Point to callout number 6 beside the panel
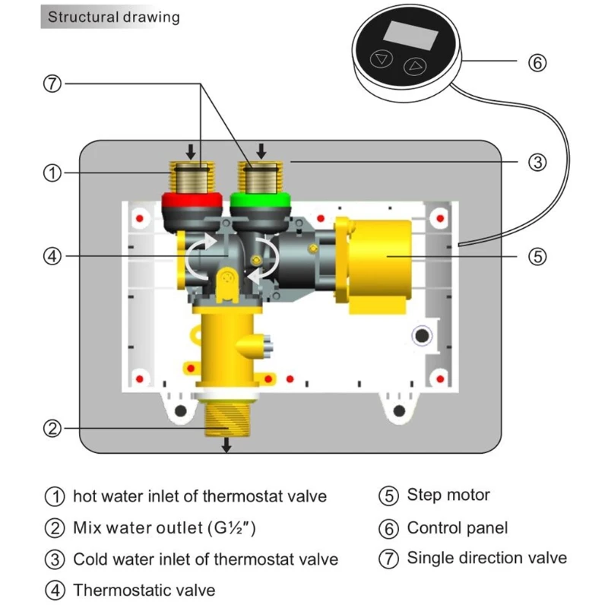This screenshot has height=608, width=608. [537, 63]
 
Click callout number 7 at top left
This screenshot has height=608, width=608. [50, 84]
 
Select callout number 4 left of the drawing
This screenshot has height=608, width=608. [50, 257]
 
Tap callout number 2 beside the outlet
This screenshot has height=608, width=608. [50, 429]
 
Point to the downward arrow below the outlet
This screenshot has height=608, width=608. [226, 447]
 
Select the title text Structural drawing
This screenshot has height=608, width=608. [114, 17]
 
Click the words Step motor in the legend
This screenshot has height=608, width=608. [448, 496]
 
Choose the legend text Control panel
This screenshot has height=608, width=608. [458, 527]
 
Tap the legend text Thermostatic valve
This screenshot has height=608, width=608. [144, 590]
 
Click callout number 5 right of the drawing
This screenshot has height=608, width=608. [537, 257]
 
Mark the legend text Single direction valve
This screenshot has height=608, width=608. [487, 558]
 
